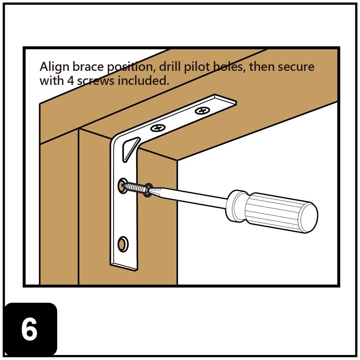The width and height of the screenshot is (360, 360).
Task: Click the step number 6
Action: click(x=29, y=330)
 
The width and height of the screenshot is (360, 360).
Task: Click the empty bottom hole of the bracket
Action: click(x=122, y=244)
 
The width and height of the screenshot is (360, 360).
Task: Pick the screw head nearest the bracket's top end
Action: click(x=202, y=111)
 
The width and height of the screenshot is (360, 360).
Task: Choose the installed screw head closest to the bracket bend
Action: click(x=158, y=127)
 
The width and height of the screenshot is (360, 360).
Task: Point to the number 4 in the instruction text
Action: click(x=70, y=81)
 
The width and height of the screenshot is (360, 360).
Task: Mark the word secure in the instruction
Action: click(x=296, y=67)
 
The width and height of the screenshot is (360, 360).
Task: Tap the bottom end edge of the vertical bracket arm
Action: click(x=124, y=267)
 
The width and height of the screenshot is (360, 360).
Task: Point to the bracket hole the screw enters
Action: click(x=122, y=185)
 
